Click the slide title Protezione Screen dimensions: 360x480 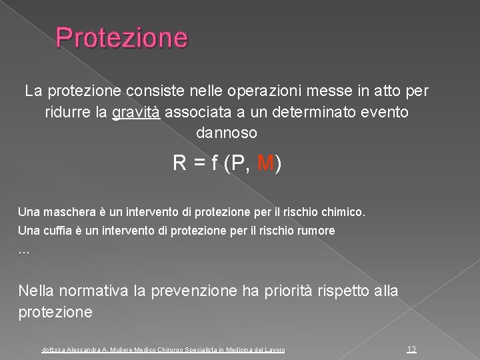tap(122, 37)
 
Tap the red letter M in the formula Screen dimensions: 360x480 tap(266, 162)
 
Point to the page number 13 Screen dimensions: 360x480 tap(411, 349)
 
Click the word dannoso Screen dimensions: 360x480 tap(226, 133)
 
